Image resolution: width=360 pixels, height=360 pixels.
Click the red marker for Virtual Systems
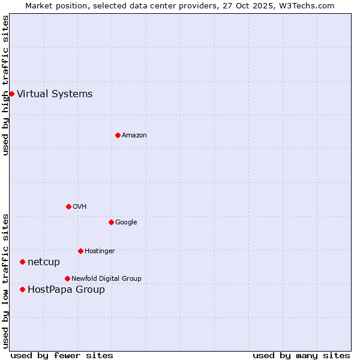(11, 94)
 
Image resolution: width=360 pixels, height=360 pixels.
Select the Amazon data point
(118, 135)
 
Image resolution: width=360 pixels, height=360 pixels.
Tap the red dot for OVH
(68, 206)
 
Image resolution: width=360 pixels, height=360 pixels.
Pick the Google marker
(111, 222)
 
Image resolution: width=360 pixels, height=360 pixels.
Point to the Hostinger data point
(80, 251)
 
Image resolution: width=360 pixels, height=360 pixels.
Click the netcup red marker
(22, 262)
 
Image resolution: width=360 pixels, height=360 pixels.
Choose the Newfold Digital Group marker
(67, 278)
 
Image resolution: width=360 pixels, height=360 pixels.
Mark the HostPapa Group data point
(22, 289)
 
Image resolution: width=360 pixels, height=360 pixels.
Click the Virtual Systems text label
(55, 94)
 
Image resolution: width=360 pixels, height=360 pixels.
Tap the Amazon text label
(134, 136)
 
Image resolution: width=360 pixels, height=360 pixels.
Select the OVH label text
(80, 207)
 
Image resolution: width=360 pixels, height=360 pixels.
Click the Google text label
(126, 223)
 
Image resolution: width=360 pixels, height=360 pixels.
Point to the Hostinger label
(100, 251)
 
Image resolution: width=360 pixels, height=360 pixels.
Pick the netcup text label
(44, 262)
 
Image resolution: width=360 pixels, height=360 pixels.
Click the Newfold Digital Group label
(106, 278)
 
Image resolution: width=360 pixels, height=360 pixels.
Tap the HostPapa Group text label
(66, 290)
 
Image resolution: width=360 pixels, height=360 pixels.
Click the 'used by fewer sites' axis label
(62, 355)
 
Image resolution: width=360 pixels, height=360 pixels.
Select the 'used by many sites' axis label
(301, 355)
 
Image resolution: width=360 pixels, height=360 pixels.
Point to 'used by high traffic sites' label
(6, 85)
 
